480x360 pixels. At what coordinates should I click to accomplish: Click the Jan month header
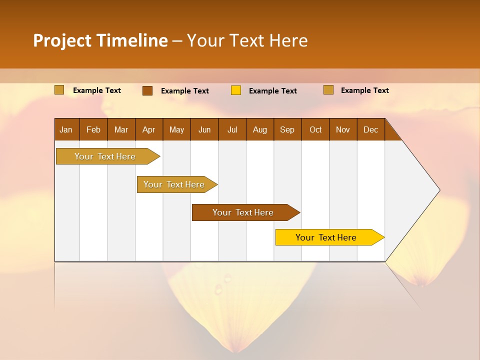[66, 129]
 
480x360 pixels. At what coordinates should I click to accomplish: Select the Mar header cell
[121, 129]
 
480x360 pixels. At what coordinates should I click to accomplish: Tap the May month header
[176, 129]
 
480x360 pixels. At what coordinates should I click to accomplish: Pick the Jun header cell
[204, 129]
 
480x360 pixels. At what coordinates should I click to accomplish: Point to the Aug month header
[259, 129]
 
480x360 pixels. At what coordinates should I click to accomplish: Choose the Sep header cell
[287, 129]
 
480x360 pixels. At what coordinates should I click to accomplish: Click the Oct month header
[315, 129]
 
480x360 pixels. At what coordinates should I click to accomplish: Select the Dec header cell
[370, 129]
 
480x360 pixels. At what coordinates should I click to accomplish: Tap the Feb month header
[93, 129]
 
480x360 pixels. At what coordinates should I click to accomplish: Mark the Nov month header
[342, 129]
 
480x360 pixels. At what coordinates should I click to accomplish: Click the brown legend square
[147, 90]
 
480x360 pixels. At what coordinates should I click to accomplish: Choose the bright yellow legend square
[236, 90]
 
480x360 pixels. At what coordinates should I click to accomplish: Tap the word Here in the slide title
[288, 40]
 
